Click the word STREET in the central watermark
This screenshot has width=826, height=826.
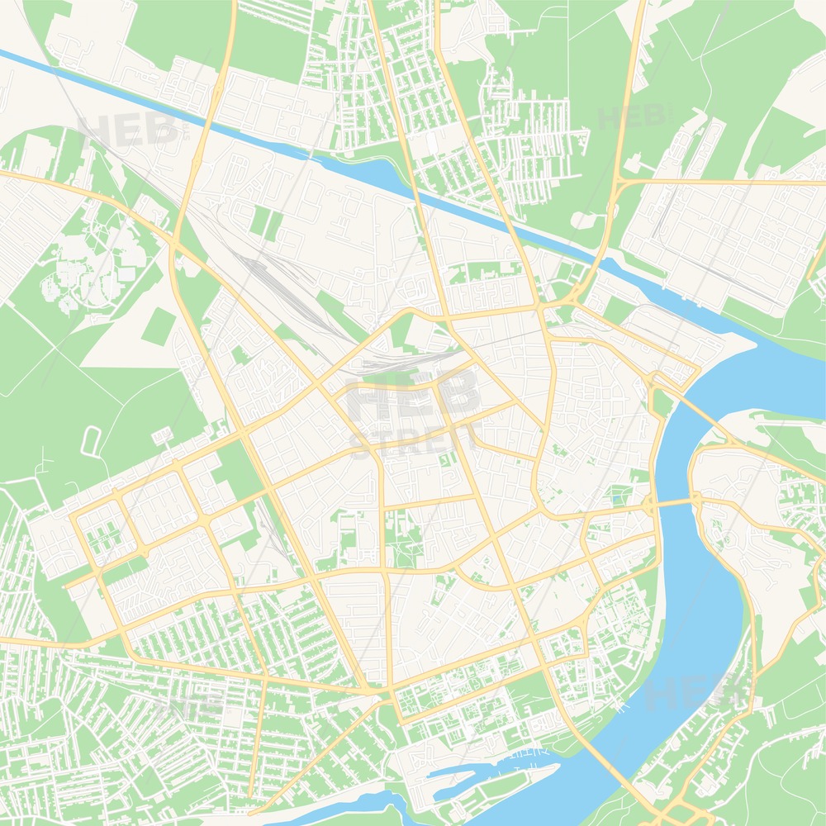[x=413, y=439]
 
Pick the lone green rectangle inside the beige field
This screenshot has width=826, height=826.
[x=157, y=326]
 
